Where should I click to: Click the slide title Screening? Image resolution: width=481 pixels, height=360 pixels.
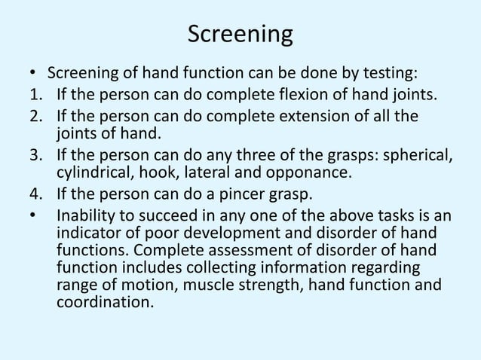tap(240, 35)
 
